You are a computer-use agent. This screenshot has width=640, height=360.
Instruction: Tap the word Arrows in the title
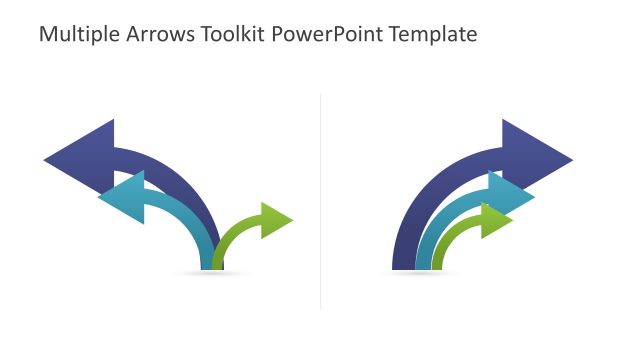point(152,35)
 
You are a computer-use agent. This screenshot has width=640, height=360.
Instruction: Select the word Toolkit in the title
point(226,35)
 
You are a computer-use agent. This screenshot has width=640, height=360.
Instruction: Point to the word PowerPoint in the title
point(322,35)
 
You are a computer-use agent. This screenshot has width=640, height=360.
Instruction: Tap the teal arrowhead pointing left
point(124,198)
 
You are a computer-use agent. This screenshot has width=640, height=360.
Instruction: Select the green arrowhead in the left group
point(276,220)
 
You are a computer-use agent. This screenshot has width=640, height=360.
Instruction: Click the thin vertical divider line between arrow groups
point(320,200)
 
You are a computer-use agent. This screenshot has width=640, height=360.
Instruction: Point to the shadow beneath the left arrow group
point(211,273)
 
